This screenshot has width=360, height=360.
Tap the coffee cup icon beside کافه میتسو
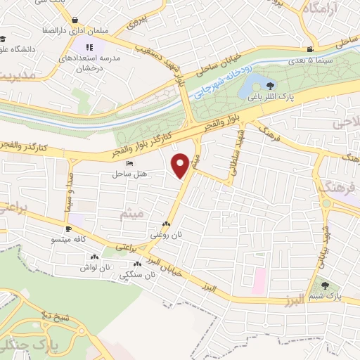coord(68,229)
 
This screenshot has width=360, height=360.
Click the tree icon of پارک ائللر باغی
coord(271,86)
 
